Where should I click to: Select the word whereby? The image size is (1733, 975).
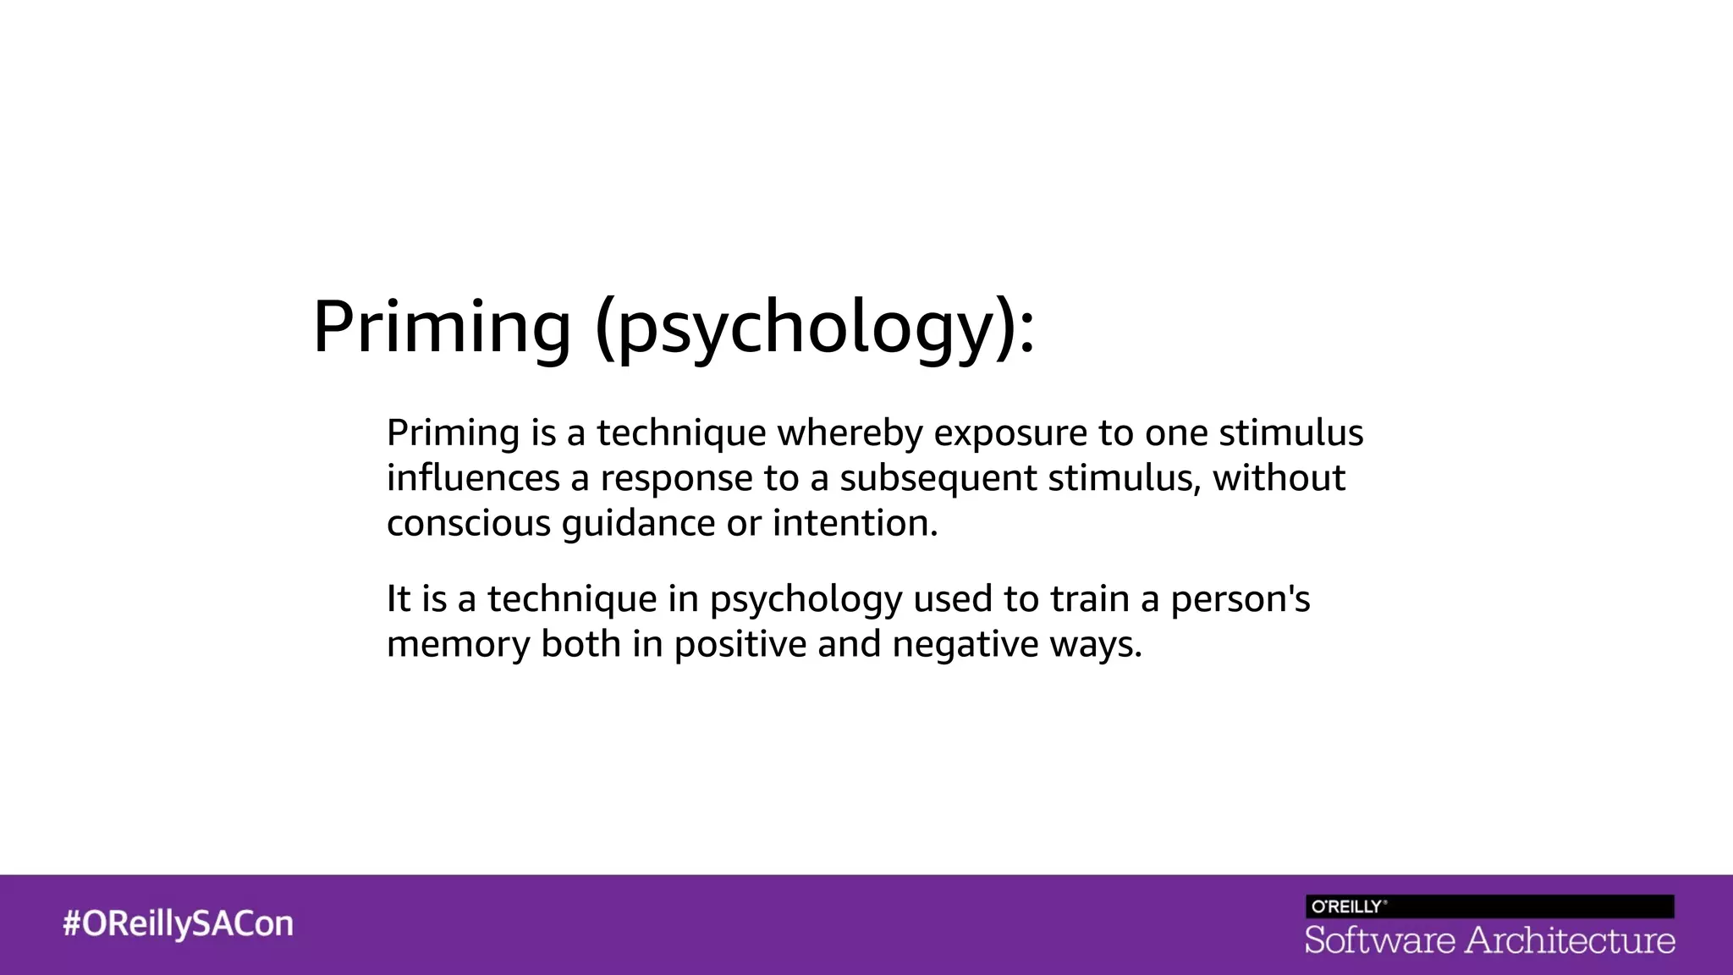[850, 433]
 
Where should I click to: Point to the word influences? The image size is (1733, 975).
[473, 478]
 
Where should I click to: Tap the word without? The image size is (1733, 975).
[1279, 478]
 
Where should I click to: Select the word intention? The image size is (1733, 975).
[855, 523]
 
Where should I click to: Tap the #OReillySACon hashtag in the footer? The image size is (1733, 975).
[178, 923]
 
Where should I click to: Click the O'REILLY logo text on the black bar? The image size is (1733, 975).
[1348, 906]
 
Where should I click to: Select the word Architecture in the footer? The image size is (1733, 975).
[1570, 940]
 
